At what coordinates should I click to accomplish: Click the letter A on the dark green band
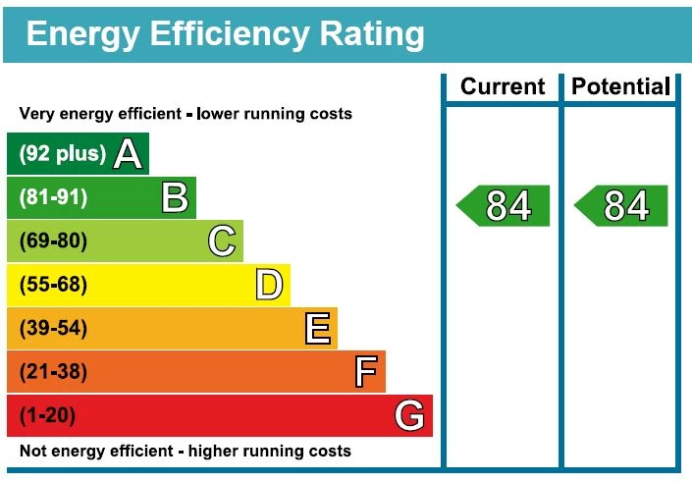tap(128, 154)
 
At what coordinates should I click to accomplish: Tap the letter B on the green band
tap(175, 197)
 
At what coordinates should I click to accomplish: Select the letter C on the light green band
tap(222, 241)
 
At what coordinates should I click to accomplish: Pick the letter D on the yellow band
tap(269, 285)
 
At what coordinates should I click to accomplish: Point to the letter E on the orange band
tap(317, 329)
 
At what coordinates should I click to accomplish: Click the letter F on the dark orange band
tap(365, 372)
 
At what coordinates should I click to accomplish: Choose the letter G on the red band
tap(410, 416)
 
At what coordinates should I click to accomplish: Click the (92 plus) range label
tap(62, 154)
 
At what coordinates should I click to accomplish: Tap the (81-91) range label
tap(53, 197)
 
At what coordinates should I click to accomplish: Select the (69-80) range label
tap(53, 241)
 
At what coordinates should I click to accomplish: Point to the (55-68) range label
tap(53, 285)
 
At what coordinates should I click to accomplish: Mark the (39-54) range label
tap(53, 329)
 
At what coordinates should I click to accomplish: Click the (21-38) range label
tap(53, 372)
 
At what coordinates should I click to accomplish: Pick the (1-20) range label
tap(47, 416)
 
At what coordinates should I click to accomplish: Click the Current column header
tap(503, 86)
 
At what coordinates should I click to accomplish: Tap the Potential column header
tap(619, 86)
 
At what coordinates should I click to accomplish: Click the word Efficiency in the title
tap(224, 34)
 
